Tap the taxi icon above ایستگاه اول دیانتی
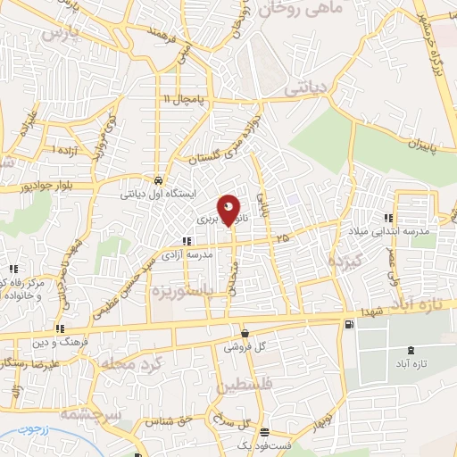(x=157, y=177)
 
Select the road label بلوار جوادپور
(x=41, y=190)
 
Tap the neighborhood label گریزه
(x=345, y=263)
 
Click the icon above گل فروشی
(x=244, y=334)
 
